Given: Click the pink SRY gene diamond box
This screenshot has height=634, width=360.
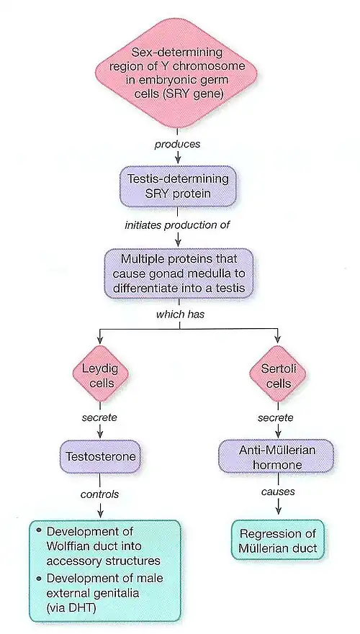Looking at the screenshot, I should [x=177, y=73].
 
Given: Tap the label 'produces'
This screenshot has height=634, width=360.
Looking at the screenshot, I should [x=177, y=145].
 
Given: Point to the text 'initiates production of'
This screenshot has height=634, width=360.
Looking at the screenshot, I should [x=177, y=225].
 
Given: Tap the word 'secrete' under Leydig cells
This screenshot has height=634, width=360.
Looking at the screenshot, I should [x=99, y=417].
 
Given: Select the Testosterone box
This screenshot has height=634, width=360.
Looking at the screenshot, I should [x=99, y=456].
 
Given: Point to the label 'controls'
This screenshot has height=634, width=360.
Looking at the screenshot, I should [x=99, y=494].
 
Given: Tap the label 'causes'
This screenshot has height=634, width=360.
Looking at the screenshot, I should [x=277, y=492].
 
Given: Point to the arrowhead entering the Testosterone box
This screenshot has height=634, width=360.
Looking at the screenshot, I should [x=99, y=437].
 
